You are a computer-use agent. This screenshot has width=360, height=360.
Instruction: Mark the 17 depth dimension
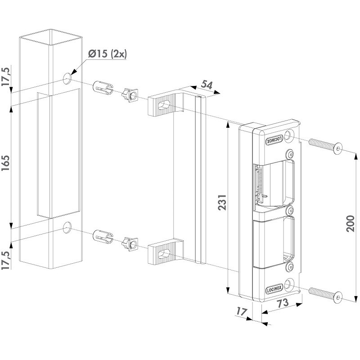(x=241, y=311)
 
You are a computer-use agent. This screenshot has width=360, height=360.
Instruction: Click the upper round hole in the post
(x=67, y=79)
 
